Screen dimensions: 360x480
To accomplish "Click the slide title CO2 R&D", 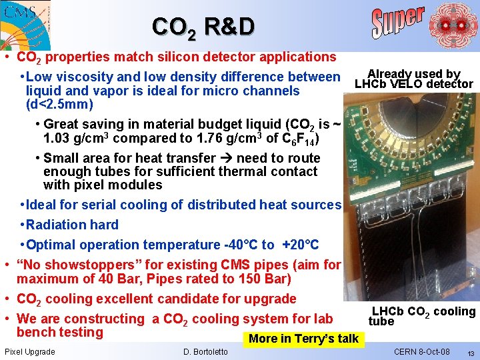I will [x=203, y=27].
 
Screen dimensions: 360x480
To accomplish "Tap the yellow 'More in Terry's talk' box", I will [x=303, y=339].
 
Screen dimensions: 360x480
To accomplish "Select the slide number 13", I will [x=471, y=353].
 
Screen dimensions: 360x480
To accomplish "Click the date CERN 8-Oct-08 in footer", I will [x=422, y=352].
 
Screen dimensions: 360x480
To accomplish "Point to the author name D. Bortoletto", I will [x=205, y=352].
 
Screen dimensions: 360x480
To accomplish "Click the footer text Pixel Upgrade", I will [x=30, y=352].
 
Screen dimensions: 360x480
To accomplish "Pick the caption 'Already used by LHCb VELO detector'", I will [x=413, y=79].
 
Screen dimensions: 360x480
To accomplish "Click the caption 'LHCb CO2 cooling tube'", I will [x=422, y=316].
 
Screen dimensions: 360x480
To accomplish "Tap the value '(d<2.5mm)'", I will [x=59, y=105].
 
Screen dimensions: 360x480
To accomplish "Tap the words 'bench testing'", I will [x=60, y=332].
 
